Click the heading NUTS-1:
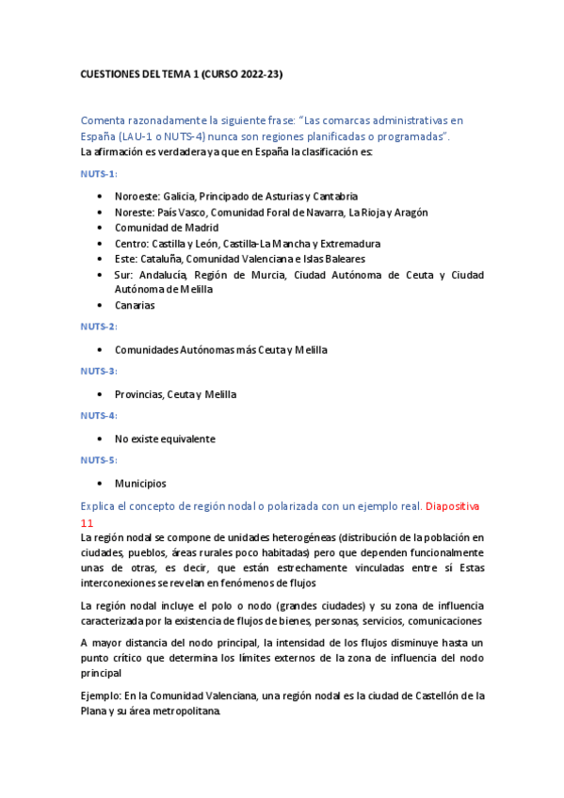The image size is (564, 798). [99, 174]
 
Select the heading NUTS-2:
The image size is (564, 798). [99, 327]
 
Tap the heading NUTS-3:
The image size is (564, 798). [99, 371]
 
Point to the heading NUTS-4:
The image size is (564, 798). [99, 415]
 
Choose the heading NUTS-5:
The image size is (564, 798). [99, 460]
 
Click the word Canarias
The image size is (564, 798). [135, 305]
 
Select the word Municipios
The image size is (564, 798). [140, 484]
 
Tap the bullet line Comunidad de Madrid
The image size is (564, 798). [167, 228]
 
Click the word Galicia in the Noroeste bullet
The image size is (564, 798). [180, 197]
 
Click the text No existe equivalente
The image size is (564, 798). [165, 439]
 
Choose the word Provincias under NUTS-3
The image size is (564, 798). [137, 394]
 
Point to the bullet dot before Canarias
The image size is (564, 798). [100, 306]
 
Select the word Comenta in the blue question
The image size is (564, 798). [106, 120]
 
